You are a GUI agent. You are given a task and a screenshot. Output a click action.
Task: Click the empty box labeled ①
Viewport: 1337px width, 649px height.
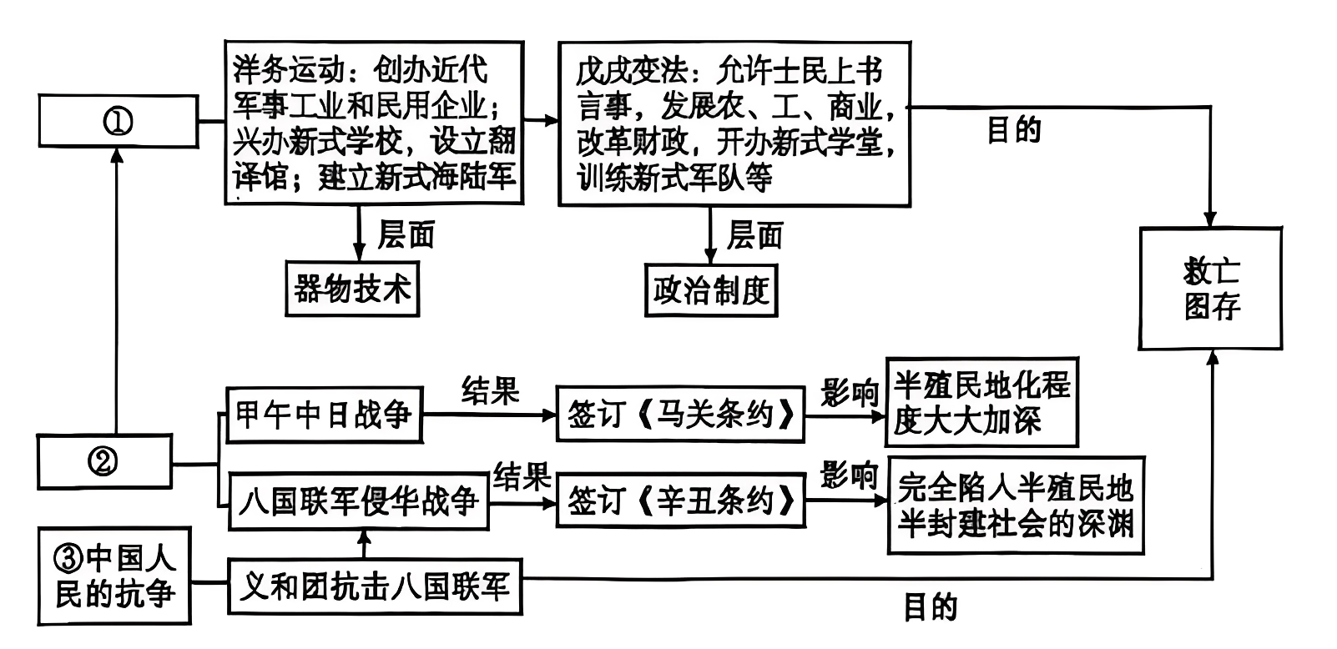click(x=118, y=122)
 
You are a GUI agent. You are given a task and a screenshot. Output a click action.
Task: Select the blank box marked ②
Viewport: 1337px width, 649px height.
click(x=104, y=461)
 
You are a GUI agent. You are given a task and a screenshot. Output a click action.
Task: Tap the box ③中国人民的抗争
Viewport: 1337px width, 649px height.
click(x=114, y=576)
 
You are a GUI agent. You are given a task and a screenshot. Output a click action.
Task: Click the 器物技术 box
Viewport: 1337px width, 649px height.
click(x=351, y=289)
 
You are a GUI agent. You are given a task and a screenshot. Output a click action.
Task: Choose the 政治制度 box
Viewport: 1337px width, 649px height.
click(x=711, y=290)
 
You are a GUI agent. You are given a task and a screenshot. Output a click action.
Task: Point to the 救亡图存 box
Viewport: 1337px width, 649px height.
click(x=1210, y=289)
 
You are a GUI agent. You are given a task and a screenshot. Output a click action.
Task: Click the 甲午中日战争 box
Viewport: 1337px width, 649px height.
click(x=324, y=415)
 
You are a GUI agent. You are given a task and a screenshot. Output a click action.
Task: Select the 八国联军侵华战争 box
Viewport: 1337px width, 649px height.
click(x=358, y=502)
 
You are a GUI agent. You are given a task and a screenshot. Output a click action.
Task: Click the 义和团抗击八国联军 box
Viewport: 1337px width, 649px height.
click(x=375, y=587)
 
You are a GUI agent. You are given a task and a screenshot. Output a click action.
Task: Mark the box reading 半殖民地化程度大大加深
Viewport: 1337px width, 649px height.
click(x=981, y=403)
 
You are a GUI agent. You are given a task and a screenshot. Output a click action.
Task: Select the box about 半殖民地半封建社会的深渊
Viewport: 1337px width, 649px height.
click(x=1016, y=506)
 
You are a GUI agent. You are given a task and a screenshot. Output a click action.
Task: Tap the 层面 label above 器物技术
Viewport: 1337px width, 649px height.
click(x=406, y=234)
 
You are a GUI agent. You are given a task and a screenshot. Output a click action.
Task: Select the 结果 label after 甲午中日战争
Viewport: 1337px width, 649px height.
click(x=490, y=390)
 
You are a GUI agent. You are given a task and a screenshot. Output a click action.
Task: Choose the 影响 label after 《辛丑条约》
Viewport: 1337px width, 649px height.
click(x=849, y=475)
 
